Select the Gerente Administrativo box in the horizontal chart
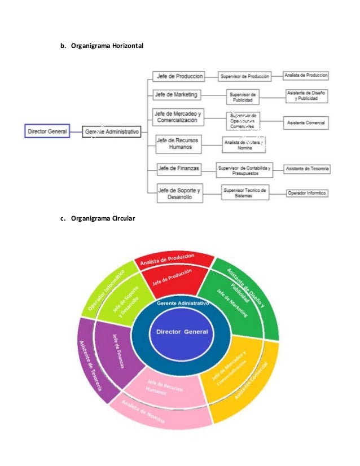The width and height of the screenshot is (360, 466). (111, 132)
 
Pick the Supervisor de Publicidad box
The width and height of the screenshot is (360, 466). (243, 96)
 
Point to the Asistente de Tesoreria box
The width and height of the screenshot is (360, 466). (308, 169)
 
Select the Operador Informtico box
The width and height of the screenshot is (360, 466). (308, 193)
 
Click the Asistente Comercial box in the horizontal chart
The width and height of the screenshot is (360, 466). (306, 122)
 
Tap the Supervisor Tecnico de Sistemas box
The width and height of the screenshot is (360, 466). (245, 192)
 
